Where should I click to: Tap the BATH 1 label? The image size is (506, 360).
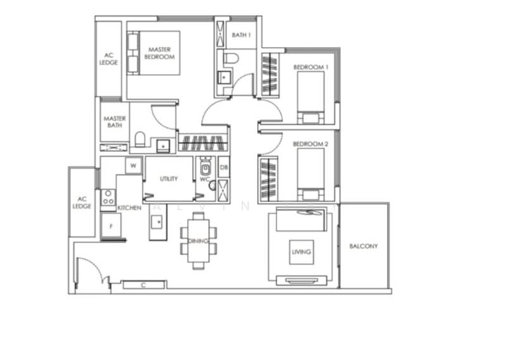click(241, 35)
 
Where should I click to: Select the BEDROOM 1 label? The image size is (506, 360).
click(311, 67)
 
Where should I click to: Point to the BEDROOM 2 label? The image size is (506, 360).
click(311, 144)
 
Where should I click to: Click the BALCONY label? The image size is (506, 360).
click(364, 246)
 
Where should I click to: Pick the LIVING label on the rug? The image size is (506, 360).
click(301, 252)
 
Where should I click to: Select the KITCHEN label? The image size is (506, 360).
click(129, 207)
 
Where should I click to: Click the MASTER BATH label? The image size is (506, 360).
click(114, 122)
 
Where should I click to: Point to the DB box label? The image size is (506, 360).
click(223, 168)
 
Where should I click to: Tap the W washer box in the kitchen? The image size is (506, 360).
click(133, 166)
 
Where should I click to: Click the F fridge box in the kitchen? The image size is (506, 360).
click(111, 225)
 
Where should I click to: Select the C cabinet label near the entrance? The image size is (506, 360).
click(144, 285)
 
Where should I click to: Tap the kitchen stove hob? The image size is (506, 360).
click(108, 199)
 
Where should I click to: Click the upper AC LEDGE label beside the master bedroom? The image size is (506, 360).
click(108, 59)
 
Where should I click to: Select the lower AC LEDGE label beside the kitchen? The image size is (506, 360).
click(82, 202)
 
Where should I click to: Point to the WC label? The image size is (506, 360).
click(204, 180)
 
